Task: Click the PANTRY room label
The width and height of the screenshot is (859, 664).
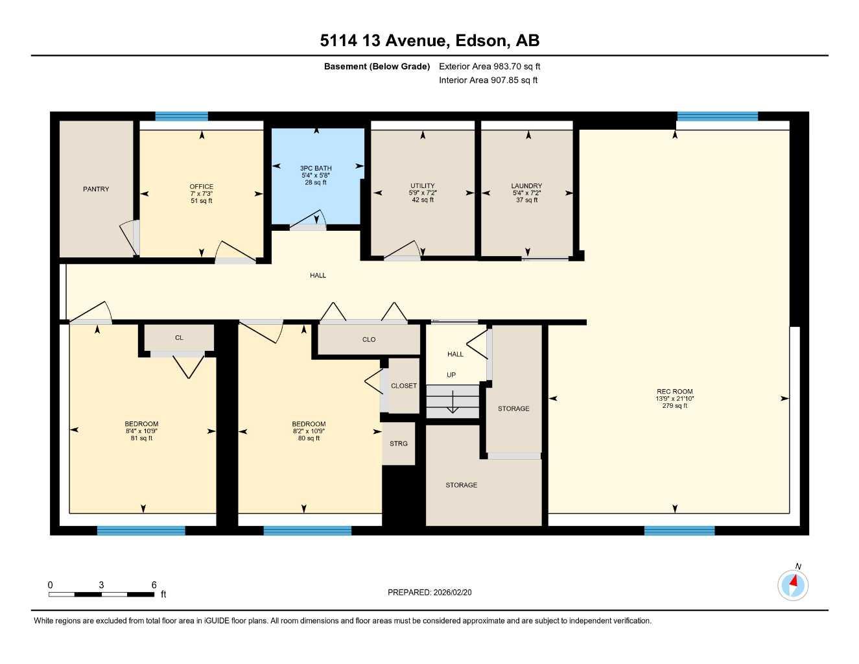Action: (96, 189)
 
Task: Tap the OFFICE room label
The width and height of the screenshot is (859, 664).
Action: (201, 187)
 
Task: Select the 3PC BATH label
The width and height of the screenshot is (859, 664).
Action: (316, 169)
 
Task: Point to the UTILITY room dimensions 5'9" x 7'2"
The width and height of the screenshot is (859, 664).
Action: (423, 193)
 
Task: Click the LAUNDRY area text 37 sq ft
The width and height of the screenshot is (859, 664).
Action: (526, 200)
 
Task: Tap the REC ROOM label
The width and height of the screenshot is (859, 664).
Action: (674, 392)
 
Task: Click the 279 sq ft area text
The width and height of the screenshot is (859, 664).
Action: (674, 406)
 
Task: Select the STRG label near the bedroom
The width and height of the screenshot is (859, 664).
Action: (399, 444)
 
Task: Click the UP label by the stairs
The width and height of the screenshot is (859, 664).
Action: (451, 375)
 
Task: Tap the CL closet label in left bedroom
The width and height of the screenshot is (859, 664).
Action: (179, 338)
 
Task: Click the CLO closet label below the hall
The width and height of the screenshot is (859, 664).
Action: (369, 340)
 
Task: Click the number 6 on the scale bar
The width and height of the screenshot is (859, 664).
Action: (154, 585)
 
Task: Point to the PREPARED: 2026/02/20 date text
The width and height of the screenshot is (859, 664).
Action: (430, 592)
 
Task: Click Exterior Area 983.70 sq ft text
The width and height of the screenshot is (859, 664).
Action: (489, 66)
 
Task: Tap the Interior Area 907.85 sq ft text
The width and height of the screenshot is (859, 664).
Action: (488, 80)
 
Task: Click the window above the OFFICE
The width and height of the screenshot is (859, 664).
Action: (182, 117)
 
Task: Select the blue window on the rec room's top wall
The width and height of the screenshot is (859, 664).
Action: (717, 117)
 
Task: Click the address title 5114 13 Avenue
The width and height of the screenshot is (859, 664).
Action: (384, 41)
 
